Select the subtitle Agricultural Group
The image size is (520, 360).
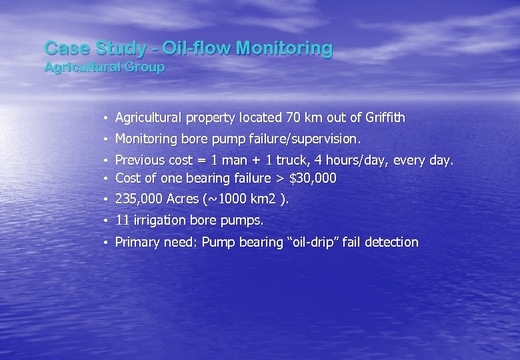pyautogui.click(x=104, y=67)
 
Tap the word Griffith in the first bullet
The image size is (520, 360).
pyautogui.click(x=385, y=118)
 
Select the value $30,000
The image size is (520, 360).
pyautogui.click(x=313, y=178)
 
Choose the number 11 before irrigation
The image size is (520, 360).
pyautogui.click(x=122, y=220)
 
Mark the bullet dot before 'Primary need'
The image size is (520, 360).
pyautogui.click(x=106, y=243)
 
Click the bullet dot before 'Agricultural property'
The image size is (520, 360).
pyautogui.click(x=106, y=119)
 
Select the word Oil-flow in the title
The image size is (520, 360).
pyautogui.click(x=199, y=48)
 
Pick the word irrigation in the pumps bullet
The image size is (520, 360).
pyautogui.click(x=161, y=220)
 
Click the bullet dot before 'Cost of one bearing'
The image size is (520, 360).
pyautogui.click(x=106, y=179)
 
